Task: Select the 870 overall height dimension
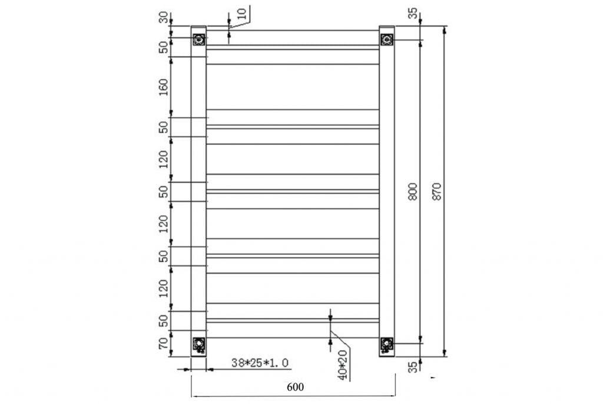click(x=436, y=192)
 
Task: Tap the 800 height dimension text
click(x=412, y=193)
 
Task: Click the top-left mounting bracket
click(x=199, y=40)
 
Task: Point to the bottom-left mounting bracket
click(x=199, y=344)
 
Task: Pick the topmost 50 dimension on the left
click(x=164, y=48)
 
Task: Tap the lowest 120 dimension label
click(x=164, y=287)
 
